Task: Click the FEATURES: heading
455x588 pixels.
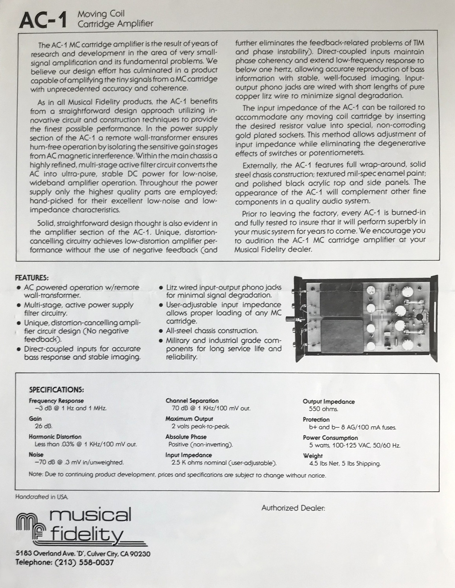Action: coord(32,278)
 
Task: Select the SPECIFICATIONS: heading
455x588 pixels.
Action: coord(57,389)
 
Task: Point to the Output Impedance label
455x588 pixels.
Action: coord(329,402)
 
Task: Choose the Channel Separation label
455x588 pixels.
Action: coord(192,401)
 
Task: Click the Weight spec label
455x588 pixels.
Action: coord(313,456)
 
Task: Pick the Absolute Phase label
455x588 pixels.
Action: coord(186,437)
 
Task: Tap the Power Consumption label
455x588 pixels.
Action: coord(330,438)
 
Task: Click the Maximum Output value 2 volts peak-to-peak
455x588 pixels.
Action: coord(201,427)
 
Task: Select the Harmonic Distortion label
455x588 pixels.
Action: coord(55,437)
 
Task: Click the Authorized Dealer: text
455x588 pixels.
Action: coord(293,508)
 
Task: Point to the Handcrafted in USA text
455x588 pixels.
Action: coord(42,497)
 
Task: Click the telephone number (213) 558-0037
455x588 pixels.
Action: coord(83,563)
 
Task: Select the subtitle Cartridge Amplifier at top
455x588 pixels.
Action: coord(115,24)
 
